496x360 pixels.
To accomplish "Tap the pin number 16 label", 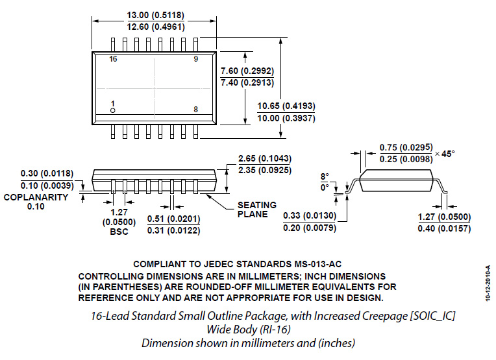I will [114, 59].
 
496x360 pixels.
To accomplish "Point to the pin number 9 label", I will [195, 59].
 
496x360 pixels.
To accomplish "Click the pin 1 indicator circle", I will [113, 111].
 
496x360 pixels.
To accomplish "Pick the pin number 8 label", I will [195, 109].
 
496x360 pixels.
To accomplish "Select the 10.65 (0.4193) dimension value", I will [286, 106].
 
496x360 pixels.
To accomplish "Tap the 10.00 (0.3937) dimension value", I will [286, 118].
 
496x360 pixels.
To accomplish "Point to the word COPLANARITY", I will [36, 197].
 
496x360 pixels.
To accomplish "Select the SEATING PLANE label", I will [257, 210].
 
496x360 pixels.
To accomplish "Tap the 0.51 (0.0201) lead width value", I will [174, 218].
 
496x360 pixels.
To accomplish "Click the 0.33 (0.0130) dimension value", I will [309, 215].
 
